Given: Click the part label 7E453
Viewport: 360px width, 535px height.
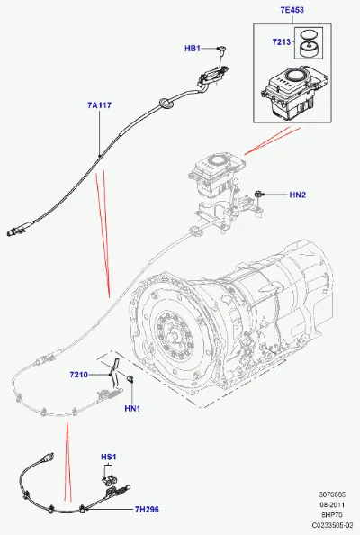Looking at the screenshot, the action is click(292, 10).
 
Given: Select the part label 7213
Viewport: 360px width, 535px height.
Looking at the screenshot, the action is click(281, 42).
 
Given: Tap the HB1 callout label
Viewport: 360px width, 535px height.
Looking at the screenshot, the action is click(193, 49).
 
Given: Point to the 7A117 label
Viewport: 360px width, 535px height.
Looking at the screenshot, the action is click(99, 105).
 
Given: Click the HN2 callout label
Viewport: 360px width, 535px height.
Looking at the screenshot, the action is click(298, 195).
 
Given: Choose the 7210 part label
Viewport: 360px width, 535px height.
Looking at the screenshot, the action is click(79, 375).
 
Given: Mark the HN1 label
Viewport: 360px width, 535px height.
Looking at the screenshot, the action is click(132, 408).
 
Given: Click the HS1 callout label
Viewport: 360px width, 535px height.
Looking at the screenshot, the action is click(109, 457).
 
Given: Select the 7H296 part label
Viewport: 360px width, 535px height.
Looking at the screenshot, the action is click(147, 510).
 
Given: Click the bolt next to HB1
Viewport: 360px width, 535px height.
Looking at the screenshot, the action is click(222, 50).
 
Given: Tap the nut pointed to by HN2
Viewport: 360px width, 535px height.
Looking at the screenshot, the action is click(258, 195).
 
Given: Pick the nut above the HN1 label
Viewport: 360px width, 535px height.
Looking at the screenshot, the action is click(130, 378).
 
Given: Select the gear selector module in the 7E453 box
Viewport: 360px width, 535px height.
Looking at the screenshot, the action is click(293, 93).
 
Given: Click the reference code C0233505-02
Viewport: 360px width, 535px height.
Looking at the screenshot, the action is click(332, 526).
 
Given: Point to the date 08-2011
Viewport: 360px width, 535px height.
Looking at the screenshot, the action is click(332, 505).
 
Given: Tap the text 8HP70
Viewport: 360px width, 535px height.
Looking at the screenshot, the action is click(332, 515).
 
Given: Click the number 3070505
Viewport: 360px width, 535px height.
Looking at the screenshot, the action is click(332, 494).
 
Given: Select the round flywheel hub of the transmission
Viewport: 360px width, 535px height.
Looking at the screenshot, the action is click(173, 333).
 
